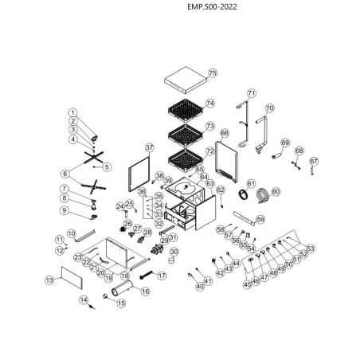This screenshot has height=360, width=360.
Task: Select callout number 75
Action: coord(213,73)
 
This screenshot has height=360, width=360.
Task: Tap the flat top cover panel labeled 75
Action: coord(184,80)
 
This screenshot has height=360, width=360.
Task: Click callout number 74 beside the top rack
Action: coord(210,104)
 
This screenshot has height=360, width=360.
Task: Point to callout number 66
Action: coord(224,134)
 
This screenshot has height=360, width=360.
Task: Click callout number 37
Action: coord(148,148)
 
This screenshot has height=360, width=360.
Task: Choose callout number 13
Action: coord(49,280)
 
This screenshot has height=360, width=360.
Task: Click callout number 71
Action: coord(252,93)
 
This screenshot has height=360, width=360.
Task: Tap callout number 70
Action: coord(269,108)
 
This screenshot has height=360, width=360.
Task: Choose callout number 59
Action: coord(260,220)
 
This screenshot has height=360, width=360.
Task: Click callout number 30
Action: coord(174,251)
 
